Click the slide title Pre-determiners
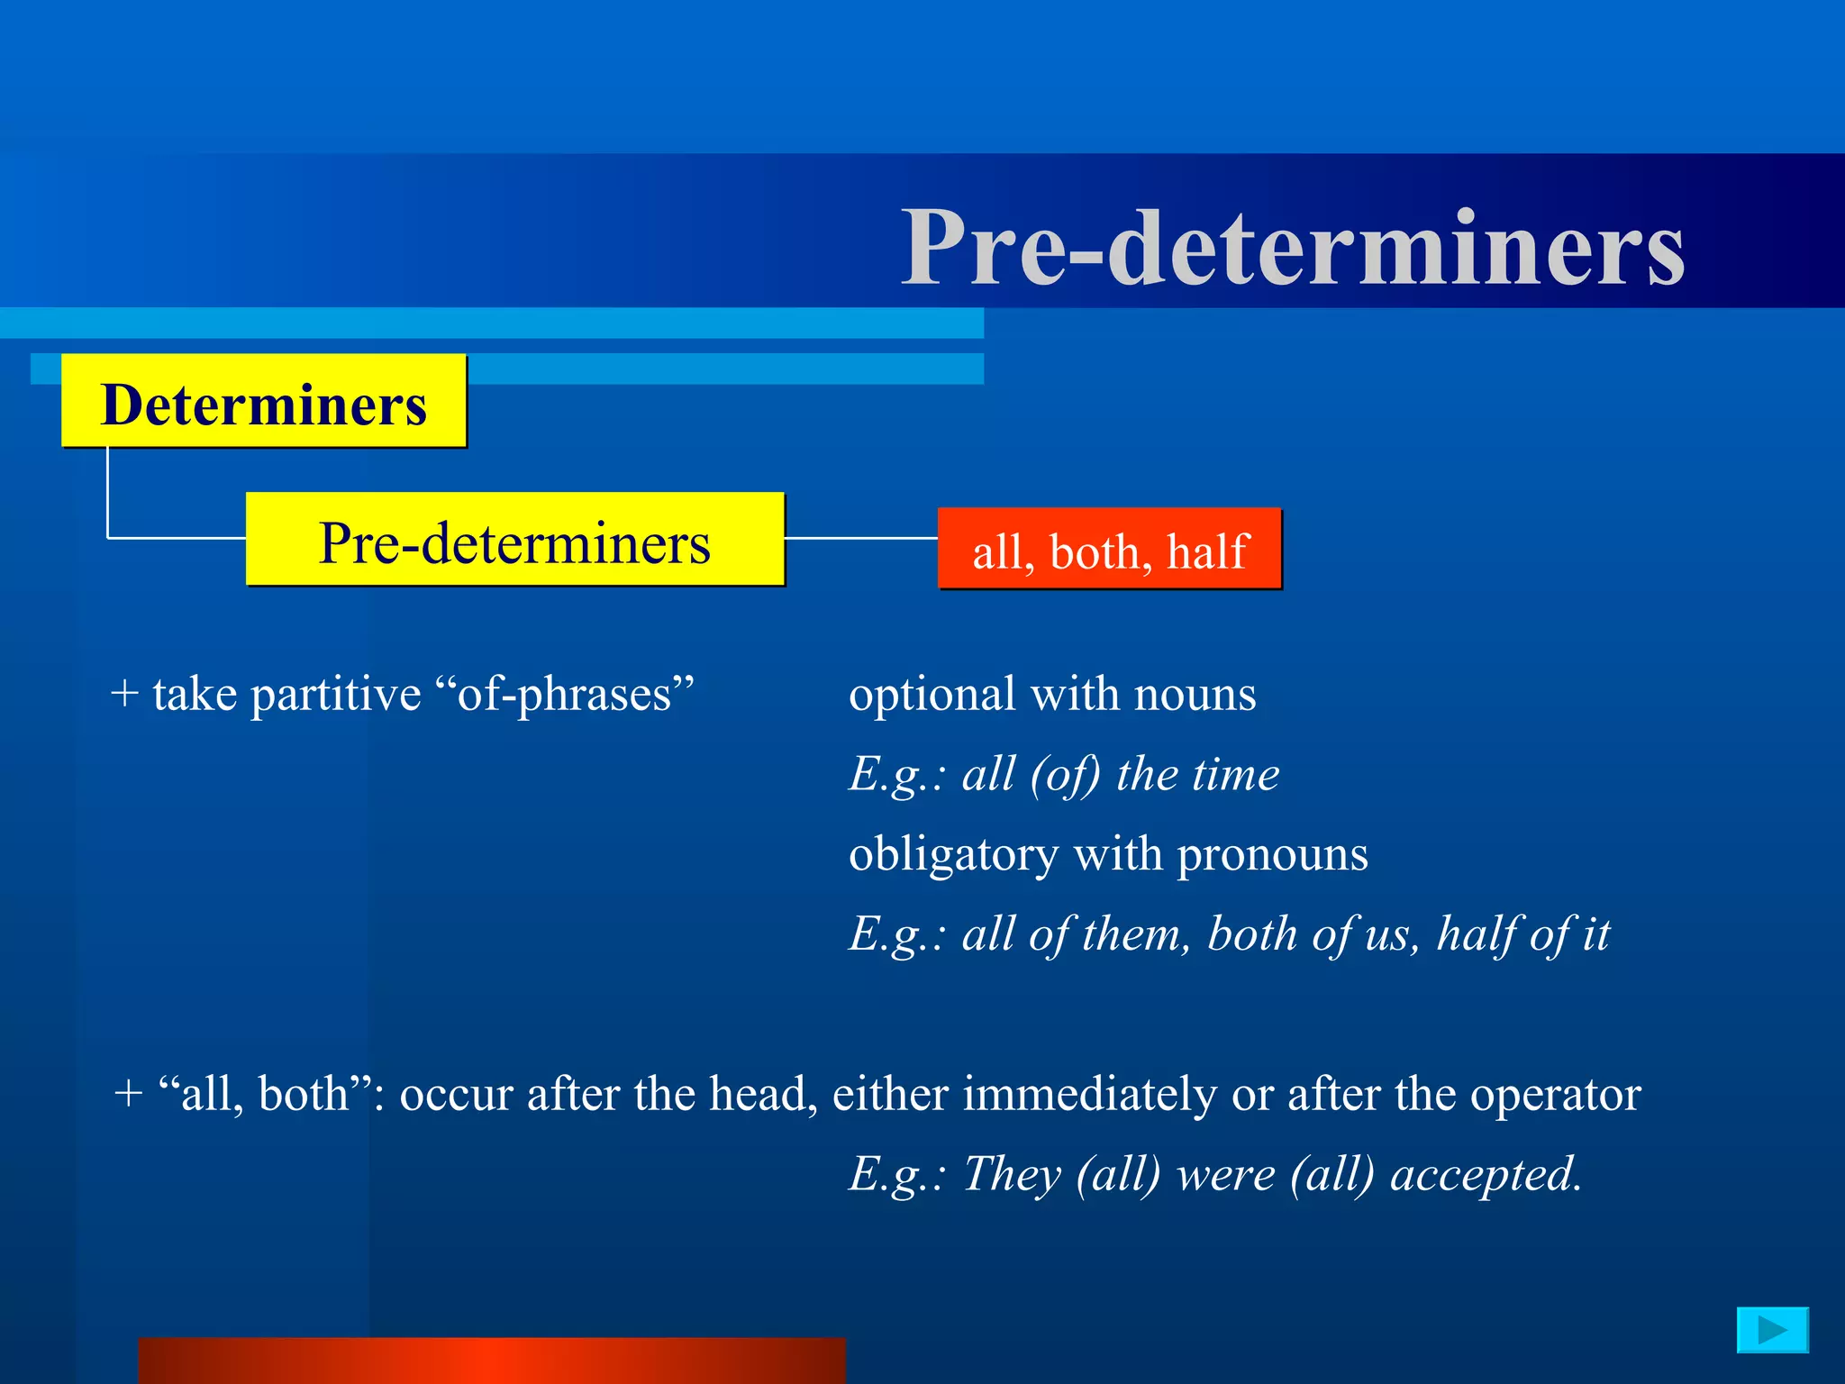pyautogui.click(x=1293, y=247)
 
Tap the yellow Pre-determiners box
pyautogui.click(x=514, y=541)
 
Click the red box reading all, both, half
pyautogui.click(x=1109, y=550)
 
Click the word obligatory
pyautogui.click(x=953, y=854)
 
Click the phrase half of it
pyautogui.click(x=1522, y=934)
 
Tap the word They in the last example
pyautogui.click(x=1012, y=1175)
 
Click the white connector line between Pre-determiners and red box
pyautogui.click(x=860, y=538)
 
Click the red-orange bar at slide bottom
pyautogui.click(x=492, y=1361)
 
